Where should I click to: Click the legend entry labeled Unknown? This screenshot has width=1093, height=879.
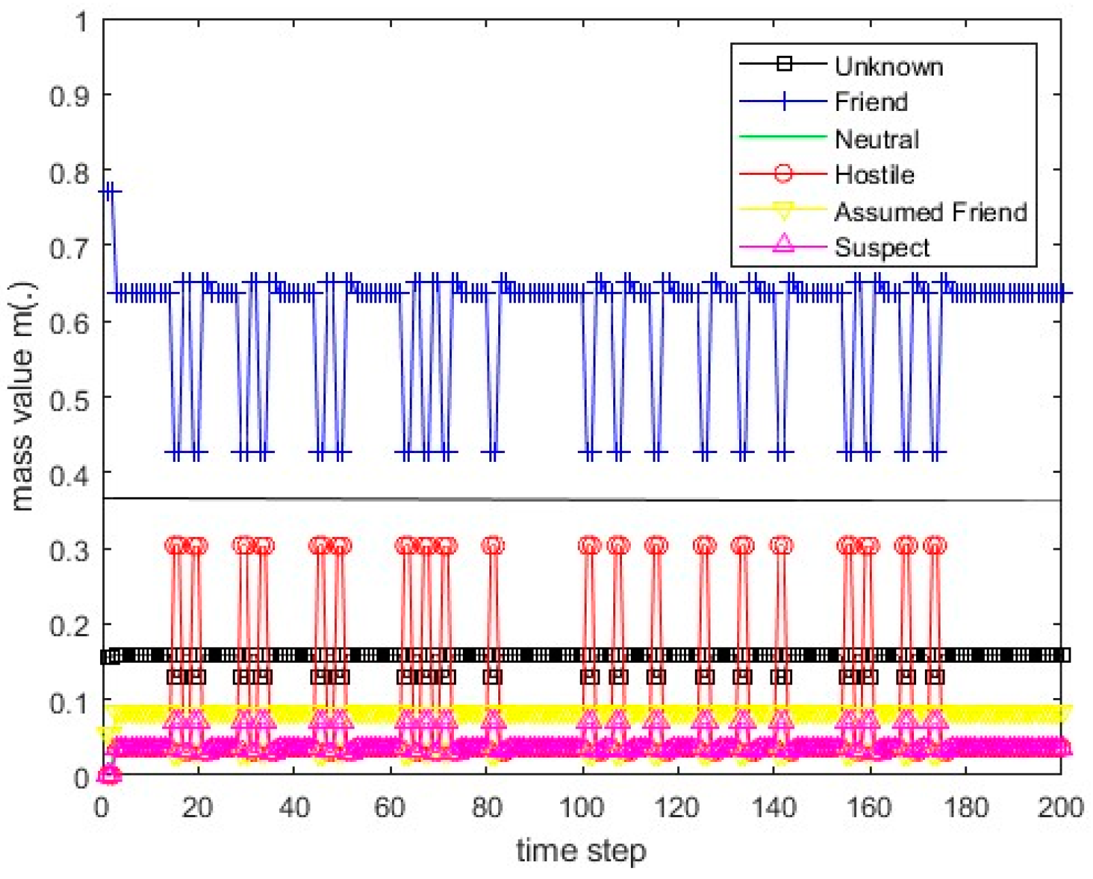888,66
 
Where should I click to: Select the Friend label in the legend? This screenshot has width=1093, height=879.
870,102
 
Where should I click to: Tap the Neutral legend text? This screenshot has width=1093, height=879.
876,139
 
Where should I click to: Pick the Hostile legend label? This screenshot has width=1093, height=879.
874,175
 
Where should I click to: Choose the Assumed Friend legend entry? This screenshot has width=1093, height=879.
930,212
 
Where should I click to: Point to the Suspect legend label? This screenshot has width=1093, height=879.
881,248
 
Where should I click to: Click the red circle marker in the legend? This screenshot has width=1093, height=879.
783,174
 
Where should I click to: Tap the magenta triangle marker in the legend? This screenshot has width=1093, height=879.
783,243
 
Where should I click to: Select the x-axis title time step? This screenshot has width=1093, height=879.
581,850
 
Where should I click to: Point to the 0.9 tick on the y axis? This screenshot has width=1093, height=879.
69,96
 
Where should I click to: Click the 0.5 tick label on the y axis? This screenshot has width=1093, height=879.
69,399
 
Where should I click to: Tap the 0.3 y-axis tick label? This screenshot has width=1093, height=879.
69,550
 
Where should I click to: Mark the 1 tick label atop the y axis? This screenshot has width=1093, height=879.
81,22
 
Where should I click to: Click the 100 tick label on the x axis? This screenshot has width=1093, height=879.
581,808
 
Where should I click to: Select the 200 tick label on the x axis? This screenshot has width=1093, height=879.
1060,808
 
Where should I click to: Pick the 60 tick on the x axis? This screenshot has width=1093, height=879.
389,808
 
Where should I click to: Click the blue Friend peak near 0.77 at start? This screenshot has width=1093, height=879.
110,192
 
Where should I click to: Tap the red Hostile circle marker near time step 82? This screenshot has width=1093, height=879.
493,546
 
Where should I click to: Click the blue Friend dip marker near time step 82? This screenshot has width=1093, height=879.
493,452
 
